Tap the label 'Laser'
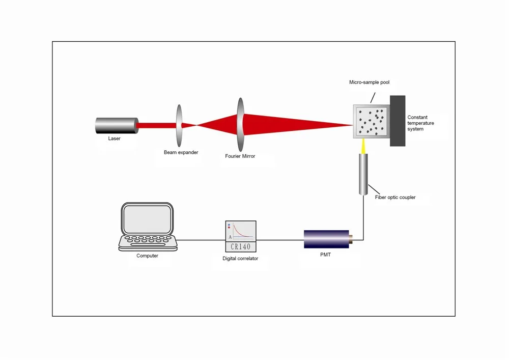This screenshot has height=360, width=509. [115, 139]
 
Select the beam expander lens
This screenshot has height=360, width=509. [179, 125]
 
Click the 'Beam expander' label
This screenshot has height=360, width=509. [181, 152]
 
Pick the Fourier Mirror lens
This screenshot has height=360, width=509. [240, 125]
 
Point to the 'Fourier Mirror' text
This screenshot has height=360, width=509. [240, 156]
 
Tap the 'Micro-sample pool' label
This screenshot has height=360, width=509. [369, 82]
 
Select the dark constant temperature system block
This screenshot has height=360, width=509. [398, 121]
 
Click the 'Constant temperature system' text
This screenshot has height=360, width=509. [420, 123]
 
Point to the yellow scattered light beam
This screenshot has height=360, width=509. [363, 146]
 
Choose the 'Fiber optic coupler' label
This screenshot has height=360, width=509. [395, 198]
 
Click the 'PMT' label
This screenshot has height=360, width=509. [325, 255]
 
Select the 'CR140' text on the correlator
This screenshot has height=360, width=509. [241, 247]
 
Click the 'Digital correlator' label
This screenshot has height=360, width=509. [240, 259]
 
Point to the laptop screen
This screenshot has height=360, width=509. [148, 218]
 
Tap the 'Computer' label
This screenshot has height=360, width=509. [147, 256]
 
